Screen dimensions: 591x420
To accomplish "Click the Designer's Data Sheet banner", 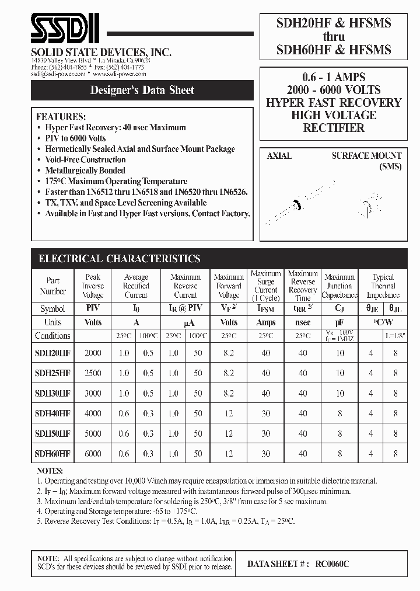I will (142, 91).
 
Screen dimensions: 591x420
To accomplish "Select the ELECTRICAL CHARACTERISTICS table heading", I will (119, 259).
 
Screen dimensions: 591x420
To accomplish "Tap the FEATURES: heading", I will (61, 116).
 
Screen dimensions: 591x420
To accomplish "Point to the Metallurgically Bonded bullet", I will (85, 171).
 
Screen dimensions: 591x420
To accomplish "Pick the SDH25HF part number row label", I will (52, 373).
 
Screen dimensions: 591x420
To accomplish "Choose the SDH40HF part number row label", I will (52, 413).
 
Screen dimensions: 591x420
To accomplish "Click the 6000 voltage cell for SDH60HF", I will (93, 453).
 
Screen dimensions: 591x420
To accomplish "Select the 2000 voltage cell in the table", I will (93, 353).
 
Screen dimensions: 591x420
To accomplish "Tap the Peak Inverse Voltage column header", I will (93, 286).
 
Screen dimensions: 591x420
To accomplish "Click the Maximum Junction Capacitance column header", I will (339, 286).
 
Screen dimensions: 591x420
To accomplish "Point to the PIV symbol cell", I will (93, 308).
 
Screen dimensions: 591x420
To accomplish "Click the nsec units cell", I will (303, 322).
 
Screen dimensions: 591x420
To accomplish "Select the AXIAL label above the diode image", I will (279, 156).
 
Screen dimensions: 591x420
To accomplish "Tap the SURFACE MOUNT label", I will (366, 156).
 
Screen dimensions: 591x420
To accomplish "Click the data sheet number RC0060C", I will (332, 564).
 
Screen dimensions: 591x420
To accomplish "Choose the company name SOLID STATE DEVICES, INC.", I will (101, 52).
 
